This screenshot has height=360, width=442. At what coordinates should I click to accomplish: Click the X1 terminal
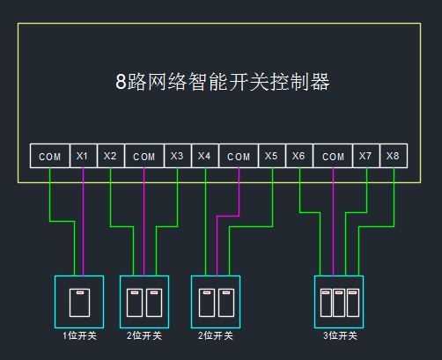[x=84, y=156]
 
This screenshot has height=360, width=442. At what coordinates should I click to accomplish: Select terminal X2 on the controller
[x=111, y=156]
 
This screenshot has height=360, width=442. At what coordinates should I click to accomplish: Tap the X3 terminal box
[x=178, y=156]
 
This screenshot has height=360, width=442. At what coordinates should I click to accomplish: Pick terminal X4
[x=205, y=156]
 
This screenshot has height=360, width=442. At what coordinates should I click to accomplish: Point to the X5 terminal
[x=272, y=156]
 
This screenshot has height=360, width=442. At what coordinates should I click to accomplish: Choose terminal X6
[x=299, y=156]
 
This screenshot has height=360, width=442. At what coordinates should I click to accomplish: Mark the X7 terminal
[x=366, y=156]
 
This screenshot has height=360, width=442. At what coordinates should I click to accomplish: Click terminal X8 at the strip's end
[x=394, y=156]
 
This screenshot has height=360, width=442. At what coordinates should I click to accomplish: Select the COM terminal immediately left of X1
[x=50, y=156]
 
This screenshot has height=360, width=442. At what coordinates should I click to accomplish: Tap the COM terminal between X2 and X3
[x=144, y=156]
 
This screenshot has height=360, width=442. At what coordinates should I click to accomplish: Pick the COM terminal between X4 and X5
[x=239, y=156]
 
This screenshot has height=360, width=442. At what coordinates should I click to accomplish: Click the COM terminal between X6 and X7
[x=333, y=156]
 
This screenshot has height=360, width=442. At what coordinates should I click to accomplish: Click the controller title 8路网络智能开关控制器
[x=223, y=82]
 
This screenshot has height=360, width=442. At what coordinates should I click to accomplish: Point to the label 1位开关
[x=79, y=335]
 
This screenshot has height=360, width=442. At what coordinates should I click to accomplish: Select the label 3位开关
[x=340, y=335]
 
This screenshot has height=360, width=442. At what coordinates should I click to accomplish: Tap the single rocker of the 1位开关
[x=79, y=303]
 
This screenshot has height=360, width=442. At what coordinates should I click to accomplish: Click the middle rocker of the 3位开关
[x=339, y=303]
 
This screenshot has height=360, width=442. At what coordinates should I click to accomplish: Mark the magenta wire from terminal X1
[x=84, y=222]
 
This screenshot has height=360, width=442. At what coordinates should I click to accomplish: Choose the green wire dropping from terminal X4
[x=205, y=222]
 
